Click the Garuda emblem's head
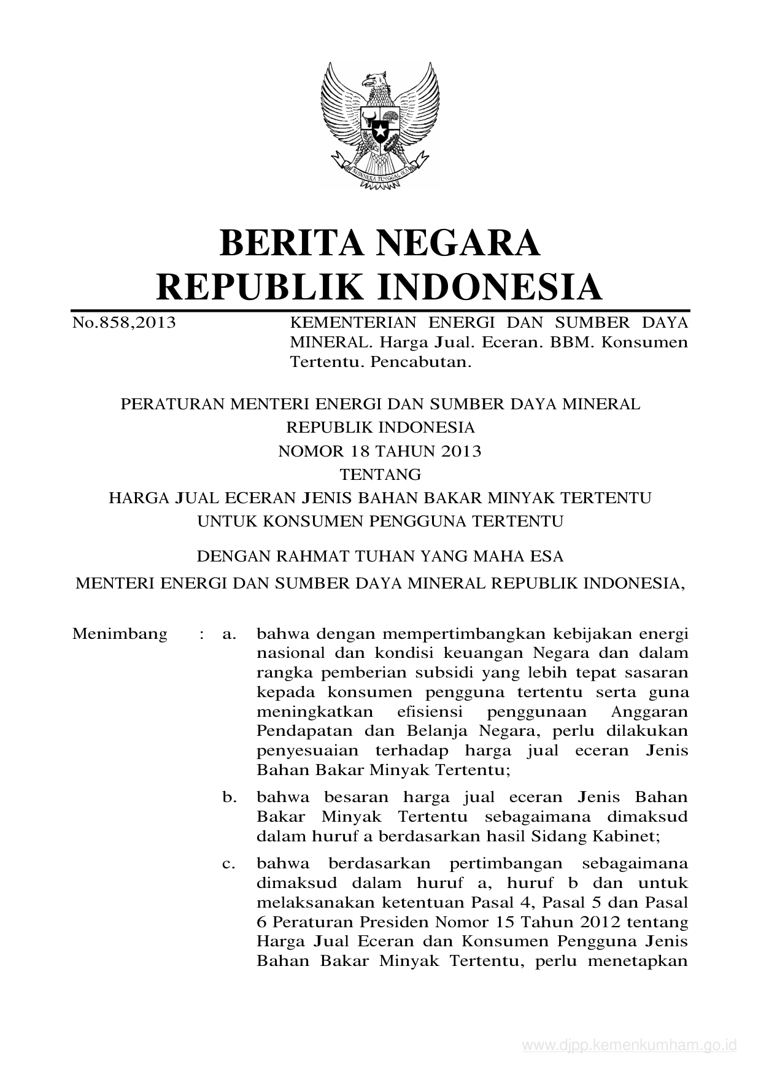point(375,80)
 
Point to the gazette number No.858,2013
point(124,322)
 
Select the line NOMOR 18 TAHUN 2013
point(380,452)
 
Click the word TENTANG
point(381,475)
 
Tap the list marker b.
point(230,798)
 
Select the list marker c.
point(229,864)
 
